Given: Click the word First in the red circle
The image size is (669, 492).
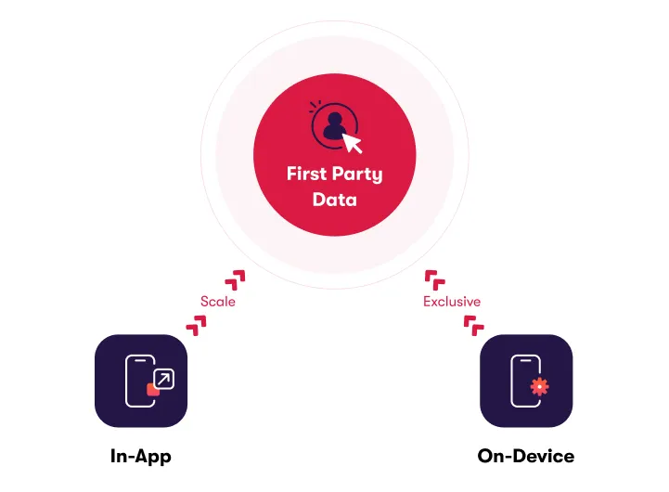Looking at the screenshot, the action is [x=306, y=175].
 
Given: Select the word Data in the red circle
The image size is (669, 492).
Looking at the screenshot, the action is [x=334, y=199].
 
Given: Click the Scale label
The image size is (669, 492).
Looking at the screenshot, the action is [x=218, y=302].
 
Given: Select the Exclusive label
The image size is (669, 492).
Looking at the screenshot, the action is [x=452, y=302].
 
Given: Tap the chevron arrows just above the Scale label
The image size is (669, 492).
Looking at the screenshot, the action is [x=237, y=278].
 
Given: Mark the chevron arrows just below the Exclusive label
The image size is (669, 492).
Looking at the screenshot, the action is [x=473, y=324].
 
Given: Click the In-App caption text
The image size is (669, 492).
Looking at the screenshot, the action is [x=141, y=456].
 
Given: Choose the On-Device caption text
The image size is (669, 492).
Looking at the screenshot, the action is [x=526, y=456].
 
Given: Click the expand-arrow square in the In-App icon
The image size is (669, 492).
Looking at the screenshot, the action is [x=163, y=378].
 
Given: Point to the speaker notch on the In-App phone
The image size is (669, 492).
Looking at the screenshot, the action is [x=141, y=360].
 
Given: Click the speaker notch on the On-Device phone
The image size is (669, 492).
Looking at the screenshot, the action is [x=526, y=360].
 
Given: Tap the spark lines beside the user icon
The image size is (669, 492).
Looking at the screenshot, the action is [x=315, y=108].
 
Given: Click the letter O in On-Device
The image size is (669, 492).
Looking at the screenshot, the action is [x=486, y=456].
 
